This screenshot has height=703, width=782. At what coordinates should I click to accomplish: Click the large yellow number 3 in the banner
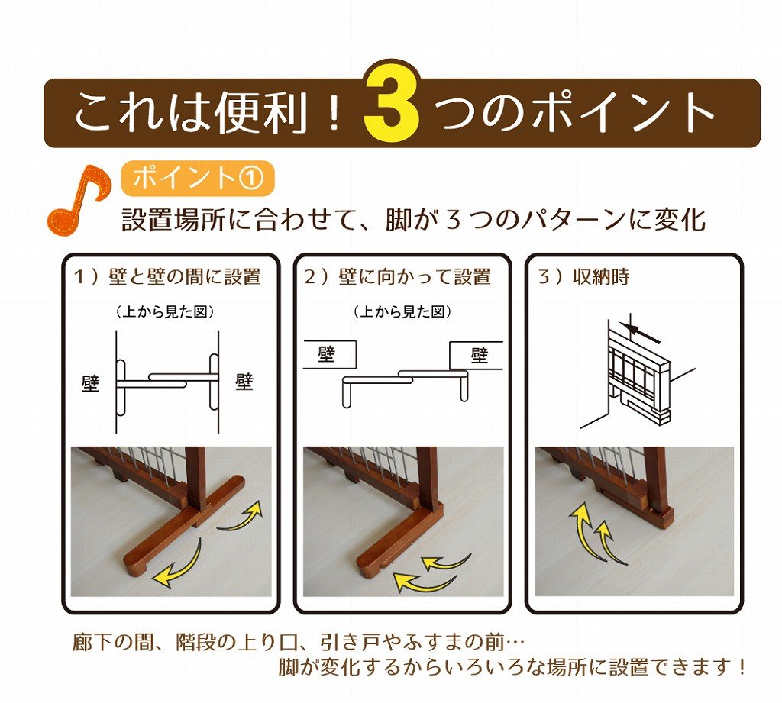(x=391, y=107)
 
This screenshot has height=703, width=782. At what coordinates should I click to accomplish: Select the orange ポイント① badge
(x=197, y=178)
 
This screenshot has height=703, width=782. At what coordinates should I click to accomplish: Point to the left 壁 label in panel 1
(x=90, y=382)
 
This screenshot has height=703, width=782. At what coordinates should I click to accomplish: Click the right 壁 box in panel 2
(x=477, y=355)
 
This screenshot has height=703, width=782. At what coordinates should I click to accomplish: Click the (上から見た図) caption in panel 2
(x=402, y=311)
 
